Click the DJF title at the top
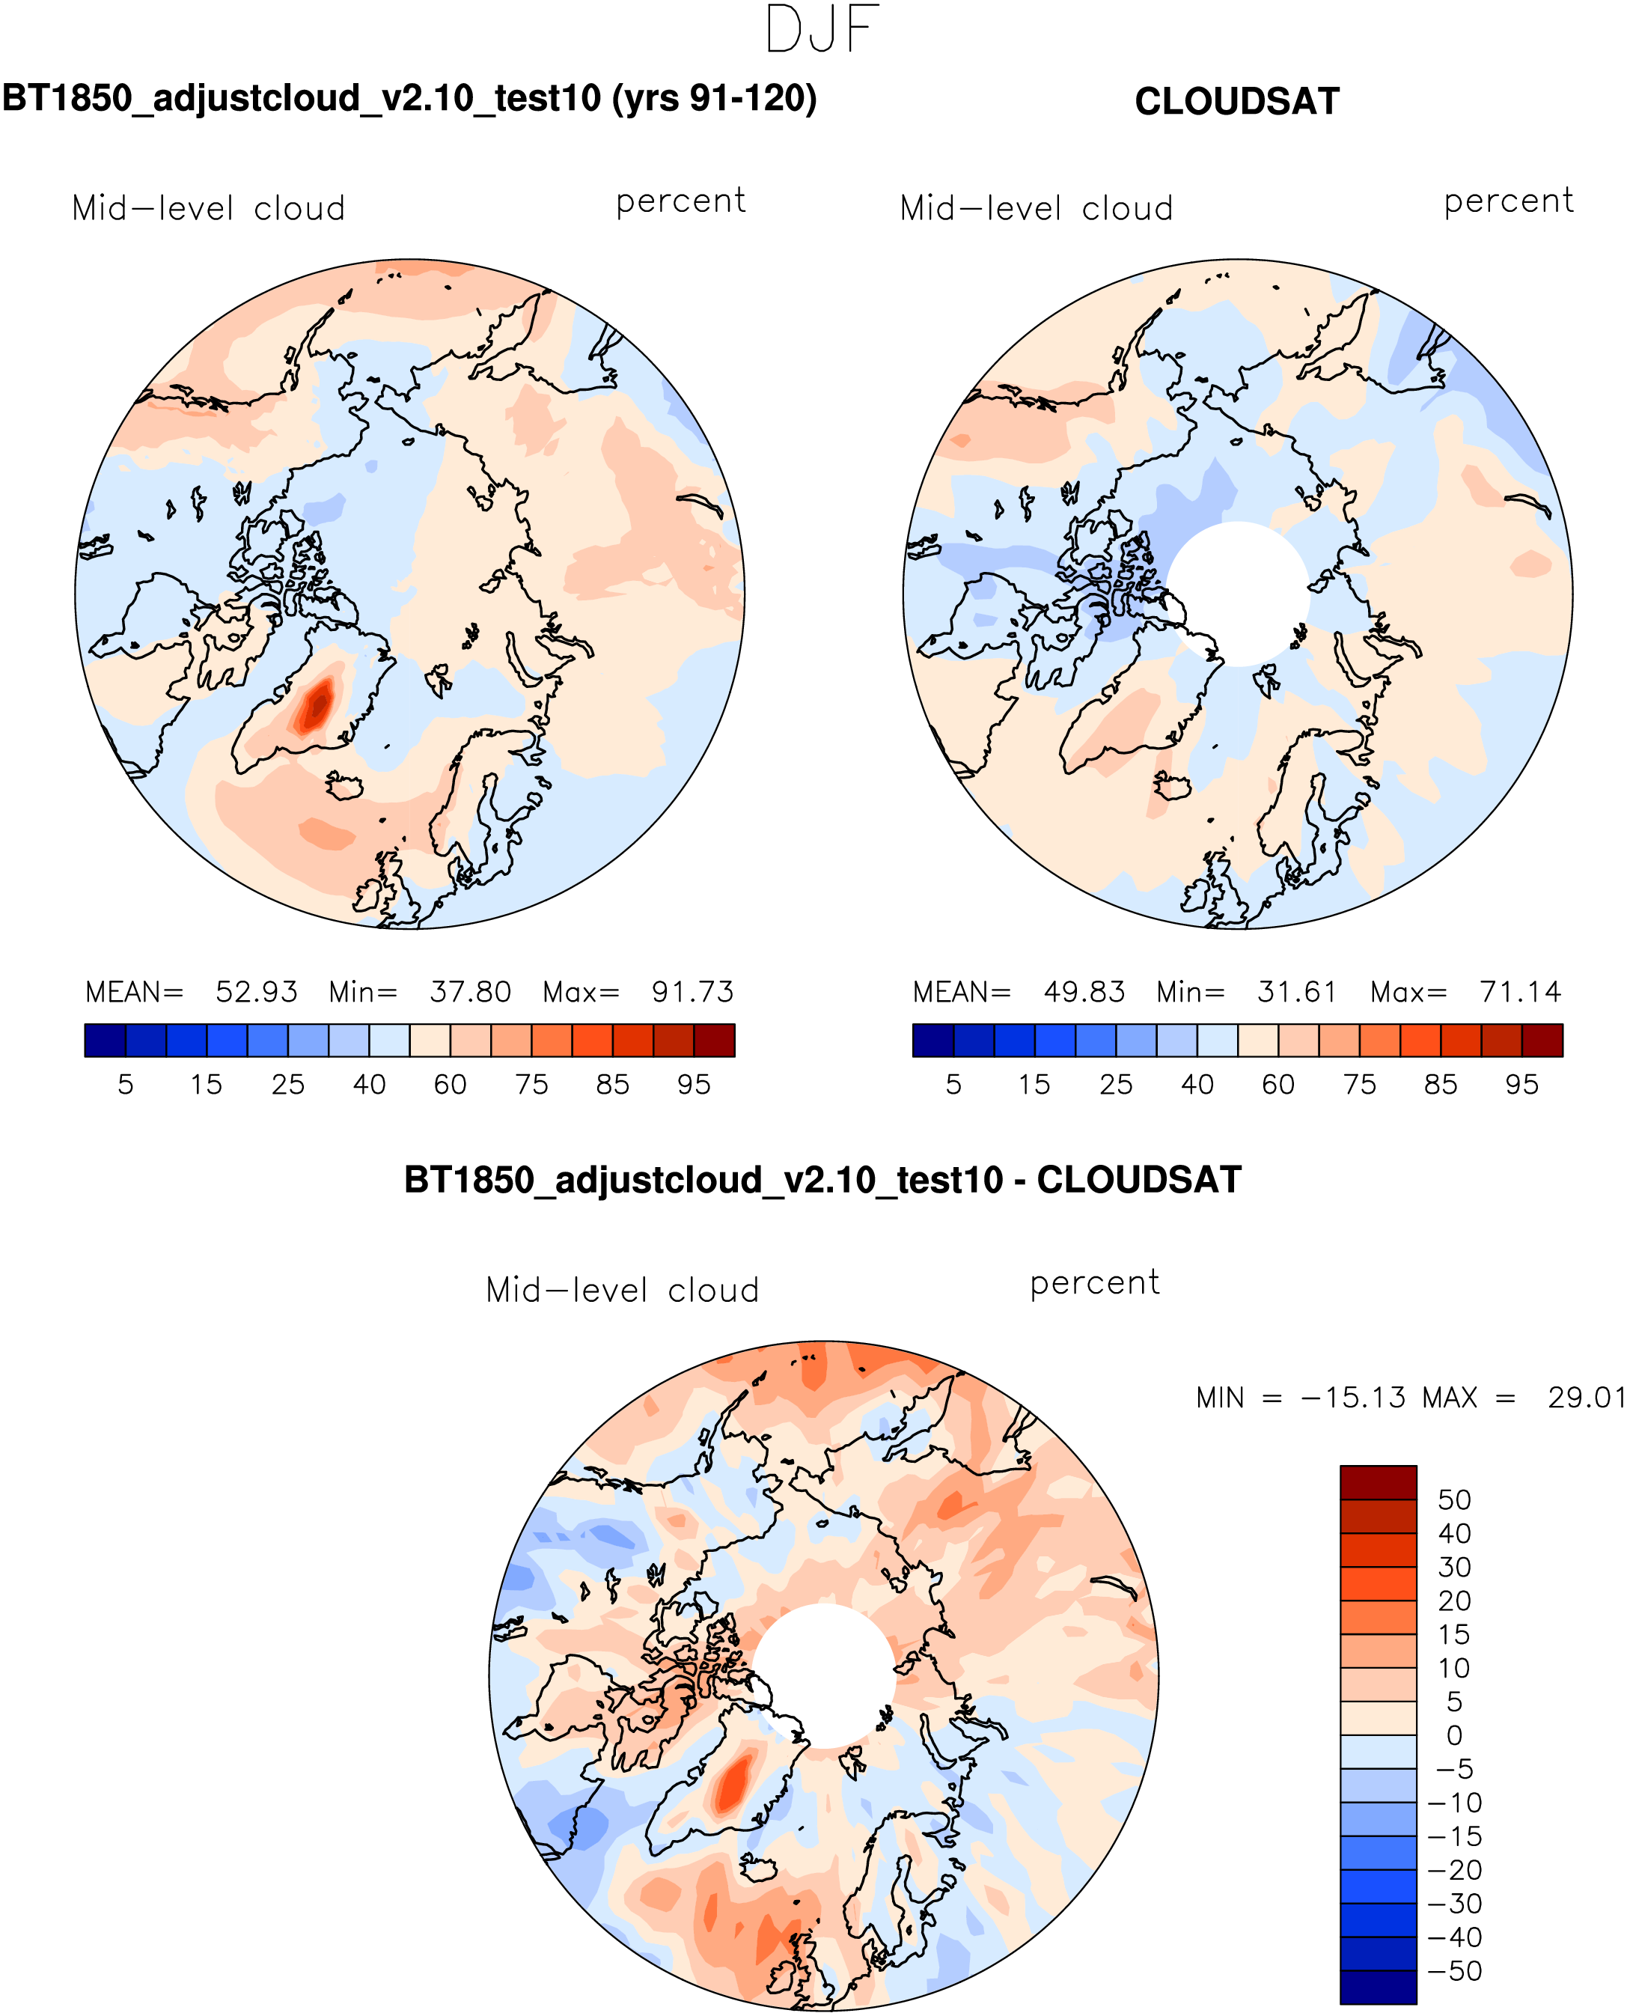[x=822, y=30]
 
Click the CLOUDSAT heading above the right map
[x=1236, y=102]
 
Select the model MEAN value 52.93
[x=256, y=992]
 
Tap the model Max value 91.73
[x=692, y=992]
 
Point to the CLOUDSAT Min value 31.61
[x=1296, y=992]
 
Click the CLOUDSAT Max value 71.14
[x=1520, y=992]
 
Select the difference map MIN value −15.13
[x=1352, y=1398]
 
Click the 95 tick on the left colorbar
[x=694, y=1085]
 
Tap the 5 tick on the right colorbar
[x=953, y=1085]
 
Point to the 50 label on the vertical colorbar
[x=1453, y=1500]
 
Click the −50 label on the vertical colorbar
[x=1453, y=1971]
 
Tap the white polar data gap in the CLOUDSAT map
[x=1238, y=592]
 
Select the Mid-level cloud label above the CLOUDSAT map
[x=1036, y=209]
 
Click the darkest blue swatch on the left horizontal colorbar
[x=105, y=1041]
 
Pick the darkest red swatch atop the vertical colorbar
[x=1378, y=1483]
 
